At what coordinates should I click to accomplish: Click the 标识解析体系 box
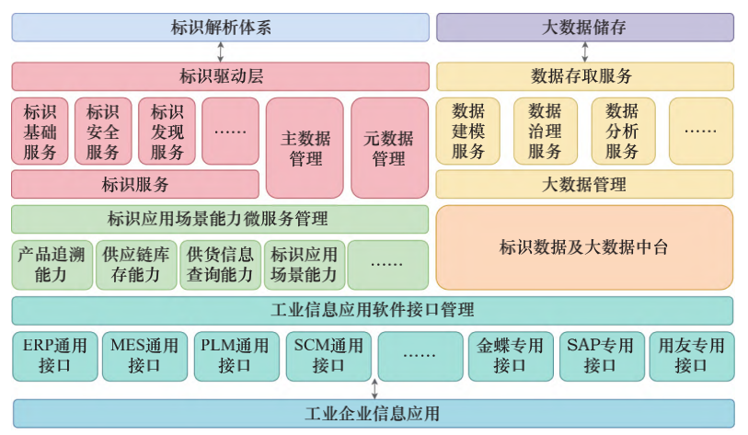220,28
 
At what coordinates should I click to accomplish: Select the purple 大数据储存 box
584,28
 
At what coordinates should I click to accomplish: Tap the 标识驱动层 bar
220,76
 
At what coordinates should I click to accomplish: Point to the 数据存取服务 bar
584,76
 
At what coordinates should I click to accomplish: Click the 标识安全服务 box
103,132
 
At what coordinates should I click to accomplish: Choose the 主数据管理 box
305,148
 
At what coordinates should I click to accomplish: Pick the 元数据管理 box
389,148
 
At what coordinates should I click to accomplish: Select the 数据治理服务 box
545,132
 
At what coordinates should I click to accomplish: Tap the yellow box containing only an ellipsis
700,131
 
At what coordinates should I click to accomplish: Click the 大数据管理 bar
584,185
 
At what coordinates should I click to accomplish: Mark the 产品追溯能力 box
53,265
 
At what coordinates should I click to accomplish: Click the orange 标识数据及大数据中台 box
584,247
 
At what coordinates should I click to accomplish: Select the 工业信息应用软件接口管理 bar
373,310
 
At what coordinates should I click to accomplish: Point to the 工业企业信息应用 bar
373,413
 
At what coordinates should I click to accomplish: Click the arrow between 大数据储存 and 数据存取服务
584,52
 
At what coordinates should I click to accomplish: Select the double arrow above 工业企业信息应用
374,389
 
